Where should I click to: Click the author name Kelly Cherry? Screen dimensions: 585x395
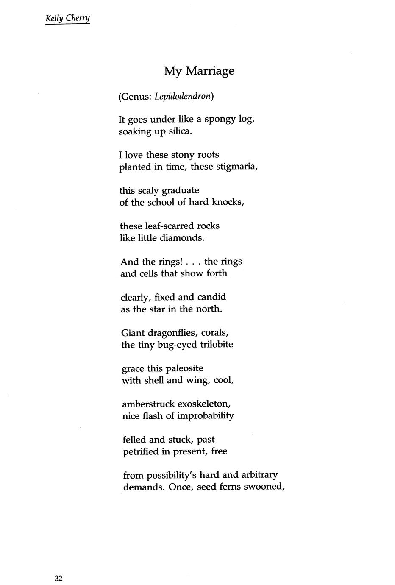click(x=67, y=19)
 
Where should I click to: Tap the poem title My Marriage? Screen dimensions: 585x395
click(x=199, y=70)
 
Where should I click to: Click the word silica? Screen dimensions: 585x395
click(x=180, y=131)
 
